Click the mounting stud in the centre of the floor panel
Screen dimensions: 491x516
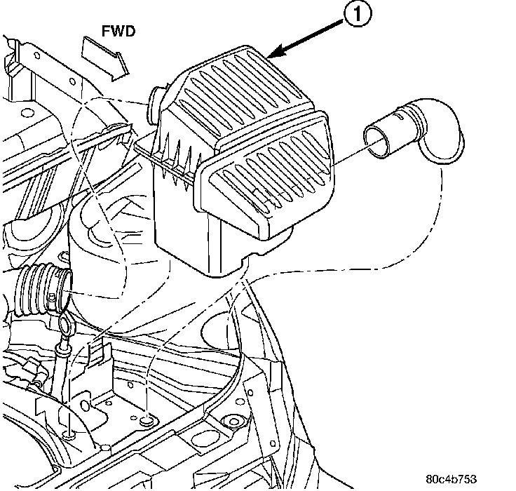tap(145, 419)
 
